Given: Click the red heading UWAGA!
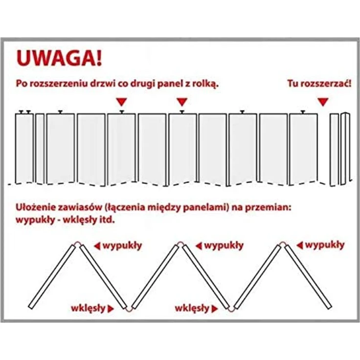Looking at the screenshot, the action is pyautogui.click(x=59, y=58).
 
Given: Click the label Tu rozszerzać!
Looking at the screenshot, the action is pyautogui.click(x=319, y=83).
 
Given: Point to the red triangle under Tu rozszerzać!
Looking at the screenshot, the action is pyautogui.click(x=323, y=102).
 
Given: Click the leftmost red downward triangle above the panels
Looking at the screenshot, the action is pyautogui.click(x=121, y=102).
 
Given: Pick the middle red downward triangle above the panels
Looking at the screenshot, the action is pyautogui.click(x=182, y=102).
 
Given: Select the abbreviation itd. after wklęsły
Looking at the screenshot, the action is pyautogui.click(x=107, y=220).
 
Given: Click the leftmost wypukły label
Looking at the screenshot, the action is pyautogui.click(x=122, y=246).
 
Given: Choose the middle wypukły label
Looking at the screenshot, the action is pyautogui.click(x=224, y=246).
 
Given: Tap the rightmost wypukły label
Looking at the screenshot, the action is pyautogui.click(x=325, y=245).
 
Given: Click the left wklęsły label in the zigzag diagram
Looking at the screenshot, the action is pyautogui.click(x=88, y=308).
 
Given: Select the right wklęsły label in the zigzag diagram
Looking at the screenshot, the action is pyautogui.click(x=192, y=308).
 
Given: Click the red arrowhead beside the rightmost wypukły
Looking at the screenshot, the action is pyautogui.click(x=300, y=246).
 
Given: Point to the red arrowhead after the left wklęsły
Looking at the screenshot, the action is pyautogui.click(x=111, y=309).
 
